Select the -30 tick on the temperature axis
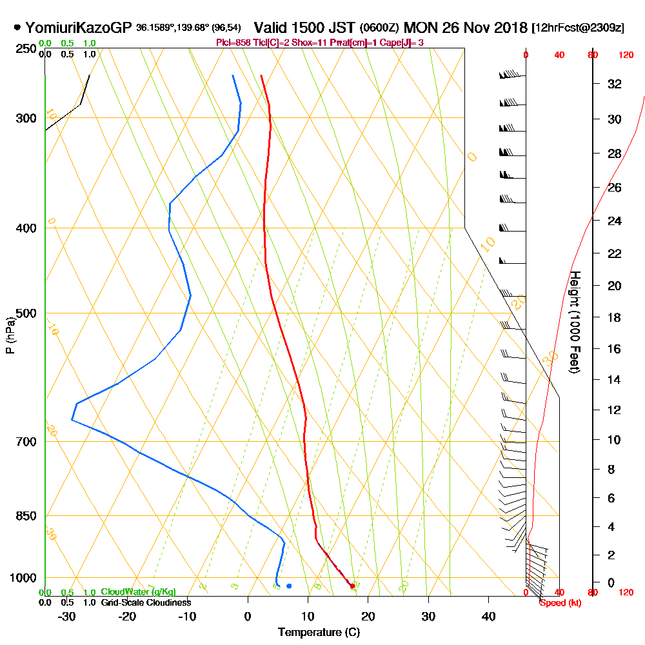click(x=67, y=616)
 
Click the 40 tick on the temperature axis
click(x=488, y=616)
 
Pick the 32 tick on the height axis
click(x=615, y=84)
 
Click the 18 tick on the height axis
click(x=615, y=317)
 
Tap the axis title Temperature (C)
click(x=319, y=631)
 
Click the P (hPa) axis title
click(x=10, y=335)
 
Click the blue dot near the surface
click(x=289, y=586)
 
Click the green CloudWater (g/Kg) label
click(x=138, y=592)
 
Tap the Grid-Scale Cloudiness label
click(x=145, y=602)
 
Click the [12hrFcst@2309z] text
click(x=577, y=28)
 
